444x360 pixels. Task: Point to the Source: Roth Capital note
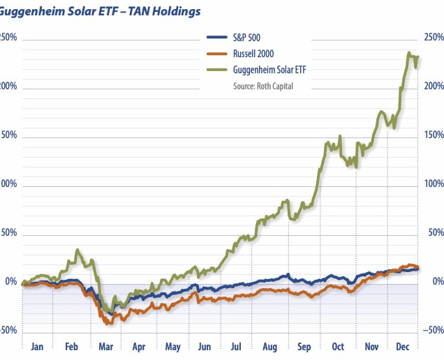(x=263, y=86)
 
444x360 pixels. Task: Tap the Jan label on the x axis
(x=38, y=346)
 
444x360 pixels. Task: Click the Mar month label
(x=106, y=346)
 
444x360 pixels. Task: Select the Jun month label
(x=205, y=346)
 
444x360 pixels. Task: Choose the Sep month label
(x=305, y=346)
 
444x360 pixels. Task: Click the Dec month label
(x=402, y=346)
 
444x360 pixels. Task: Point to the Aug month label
(x=271, y=346)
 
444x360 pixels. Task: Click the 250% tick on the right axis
(x=434, y=38)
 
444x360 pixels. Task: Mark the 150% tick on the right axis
(x=434, y=135)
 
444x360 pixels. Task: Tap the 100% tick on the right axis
(x=434, y=184)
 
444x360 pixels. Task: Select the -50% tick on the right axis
(x=434, y=331)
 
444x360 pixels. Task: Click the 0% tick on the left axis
(x=10, y=282)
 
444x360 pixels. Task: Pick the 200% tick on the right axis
(x=434, y=87)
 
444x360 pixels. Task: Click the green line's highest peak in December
(x=408, y=52)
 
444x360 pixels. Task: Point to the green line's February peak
(x=77, y=250)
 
